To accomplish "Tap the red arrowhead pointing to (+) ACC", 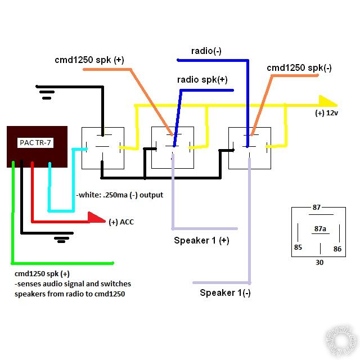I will pyautogui.click(x=97, y=219).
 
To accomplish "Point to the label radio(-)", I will pyautogui.click(x=206, y=51).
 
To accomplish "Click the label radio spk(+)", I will pyautogui.click(x=202, y=80).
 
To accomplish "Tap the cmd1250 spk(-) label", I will pyautogui.click(x=299, y=69).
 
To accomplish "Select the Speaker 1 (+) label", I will pyautogui.click(x=202, y=240).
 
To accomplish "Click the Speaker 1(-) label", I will pyautogui.click(x=225, y=292).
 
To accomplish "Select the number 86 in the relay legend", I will pyautogui.click(x=337, y=247).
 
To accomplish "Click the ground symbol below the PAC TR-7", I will pyautogui.click(x=60, y=239).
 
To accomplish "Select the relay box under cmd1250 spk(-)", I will pyautogui.click(x=249, y=147).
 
